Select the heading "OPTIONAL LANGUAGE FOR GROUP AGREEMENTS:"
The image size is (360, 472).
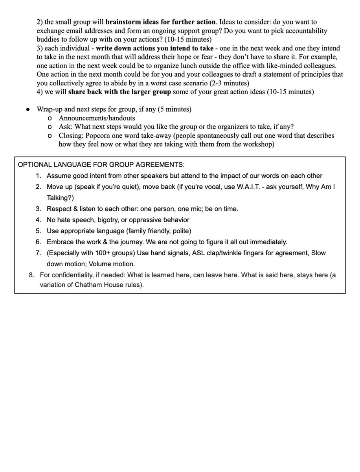point(101,164)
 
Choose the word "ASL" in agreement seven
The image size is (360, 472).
point(198,253)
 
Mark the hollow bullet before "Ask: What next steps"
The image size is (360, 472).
point(49,127)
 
